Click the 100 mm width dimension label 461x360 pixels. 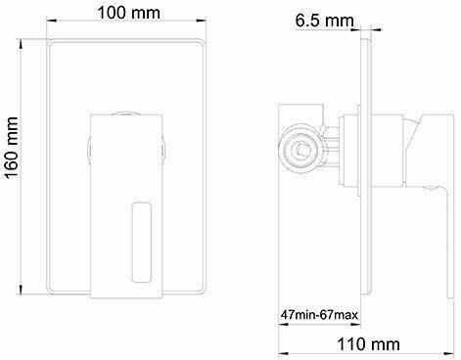128,13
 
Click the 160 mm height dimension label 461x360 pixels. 12,147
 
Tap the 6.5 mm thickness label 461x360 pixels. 324,21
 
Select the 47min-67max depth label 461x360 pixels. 319,315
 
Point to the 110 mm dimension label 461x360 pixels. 368,344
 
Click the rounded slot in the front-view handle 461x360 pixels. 141,242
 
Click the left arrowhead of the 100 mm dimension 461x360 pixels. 52,21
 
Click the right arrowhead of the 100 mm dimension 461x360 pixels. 202,21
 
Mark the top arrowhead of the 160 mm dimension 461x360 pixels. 21,44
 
